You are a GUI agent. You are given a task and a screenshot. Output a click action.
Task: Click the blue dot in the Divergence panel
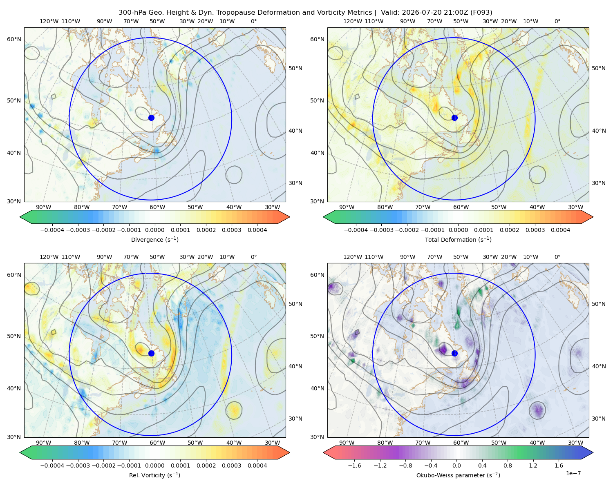(x=151, y=118)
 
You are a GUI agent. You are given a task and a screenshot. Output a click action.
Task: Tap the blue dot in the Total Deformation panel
(x=454, y=118)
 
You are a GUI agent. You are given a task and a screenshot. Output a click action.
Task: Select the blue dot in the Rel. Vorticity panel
(x=151, y=353)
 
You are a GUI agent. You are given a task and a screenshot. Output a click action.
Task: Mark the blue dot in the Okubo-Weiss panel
(x=454, y=353)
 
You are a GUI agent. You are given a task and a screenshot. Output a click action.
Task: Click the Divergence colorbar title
(x=154, y=239)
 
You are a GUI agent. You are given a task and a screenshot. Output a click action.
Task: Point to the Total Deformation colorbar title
(x=458, y=239)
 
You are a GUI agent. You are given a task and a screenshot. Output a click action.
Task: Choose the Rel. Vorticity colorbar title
(x=154, y=475)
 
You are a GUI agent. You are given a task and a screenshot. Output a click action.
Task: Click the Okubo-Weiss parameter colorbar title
(x=458, y=475)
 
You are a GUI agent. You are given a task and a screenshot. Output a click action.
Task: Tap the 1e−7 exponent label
(x=573, y=473)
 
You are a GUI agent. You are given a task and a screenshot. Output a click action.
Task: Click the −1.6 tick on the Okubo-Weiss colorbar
(x=355, y=465)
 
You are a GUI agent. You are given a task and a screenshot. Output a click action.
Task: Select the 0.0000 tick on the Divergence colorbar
(x=154, y=230)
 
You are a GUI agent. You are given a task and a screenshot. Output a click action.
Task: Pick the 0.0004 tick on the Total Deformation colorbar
(x=560, y=230)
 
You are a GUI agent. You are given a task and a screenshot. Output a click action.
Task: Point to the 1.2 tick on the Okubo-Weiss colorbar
(x=533, y=465)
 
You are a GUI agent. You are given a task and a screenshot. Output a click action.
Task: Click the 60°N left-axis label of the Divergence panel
(x=14, y=39)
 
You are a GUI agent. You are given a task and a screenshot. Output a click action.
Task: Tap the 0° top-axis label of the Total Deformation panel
(x=557, y=21)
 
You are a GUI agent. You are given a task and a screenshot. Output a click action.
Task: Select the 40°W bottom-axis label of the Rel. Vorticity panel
(x=234, y=443)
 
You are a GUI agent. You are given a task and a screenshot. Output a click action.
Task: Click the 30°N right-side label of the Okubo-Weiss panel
(x=598, y=419)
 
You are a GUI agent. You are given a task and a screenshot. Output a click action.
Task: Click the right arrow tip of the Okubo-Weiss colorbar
(x=593, y=452)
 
